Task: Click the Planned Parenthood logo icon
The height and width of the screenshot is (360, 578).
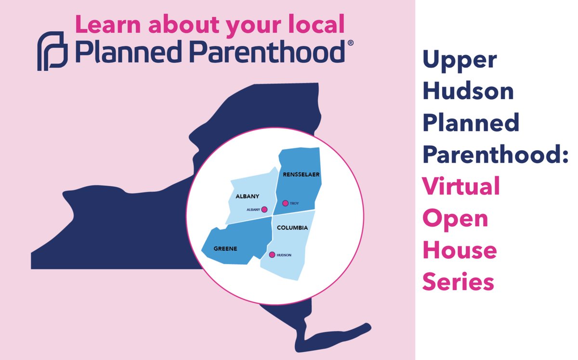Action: coord(51,51)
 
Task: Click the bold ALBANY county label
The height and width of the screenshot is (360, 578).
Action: coord(248,196)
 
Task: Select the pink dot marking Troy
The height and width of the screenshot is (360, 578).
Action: coord(285,204)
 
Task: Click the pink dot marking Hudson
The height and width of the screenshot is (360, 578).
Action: coord(272,255)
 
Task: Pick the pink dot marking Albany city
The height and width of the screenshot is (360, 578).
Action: coord(264,209)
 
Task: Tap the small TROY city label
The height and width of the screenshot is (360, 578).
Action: coord(294,204)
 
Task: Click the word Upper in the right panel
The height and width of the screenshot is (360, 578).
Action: coord(460,60)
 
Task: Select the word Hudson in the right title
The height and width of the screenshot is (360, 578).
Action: coord(468,91)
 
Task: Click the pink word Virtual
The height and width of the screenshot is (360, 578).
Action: coord(461,186)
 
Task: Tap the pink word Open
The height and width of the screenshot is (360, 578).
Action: coord(455,219)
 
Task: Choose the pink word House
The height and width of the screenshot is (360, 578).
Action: coord(460,250)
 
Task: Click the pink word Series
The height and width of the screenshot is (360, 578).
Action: coord(458,282)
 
